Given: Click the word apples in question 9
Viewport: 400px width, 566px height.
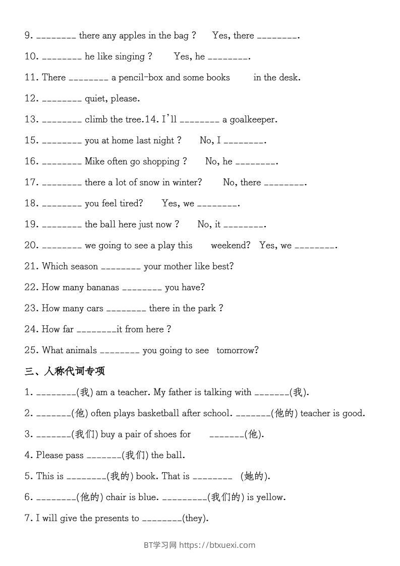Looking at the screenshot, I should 133,35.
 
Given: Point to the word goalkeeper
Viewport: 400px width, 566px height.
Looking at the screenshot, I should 251,120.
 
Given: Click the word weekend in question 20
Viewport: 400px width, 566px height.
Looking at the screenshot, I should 230,246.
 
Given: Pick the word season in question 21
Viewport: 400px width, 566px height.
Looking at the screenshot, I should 84,266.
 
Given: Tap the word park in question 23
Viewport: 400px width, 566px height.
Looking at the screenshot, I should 206,309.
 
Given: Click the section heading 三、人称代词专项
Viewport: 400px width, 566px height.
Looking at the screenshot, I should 65,371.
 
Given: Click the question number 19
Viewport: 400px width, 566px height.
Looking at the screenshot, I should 31,224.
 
